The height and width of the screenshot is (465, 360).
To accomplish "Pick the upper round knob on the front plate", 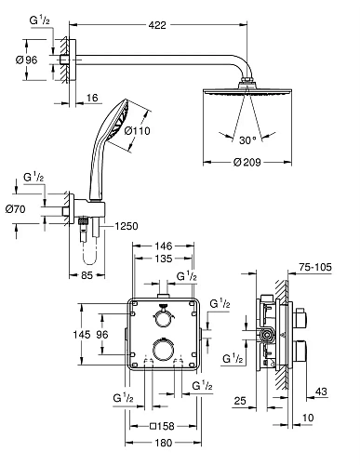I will [164, 318].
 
